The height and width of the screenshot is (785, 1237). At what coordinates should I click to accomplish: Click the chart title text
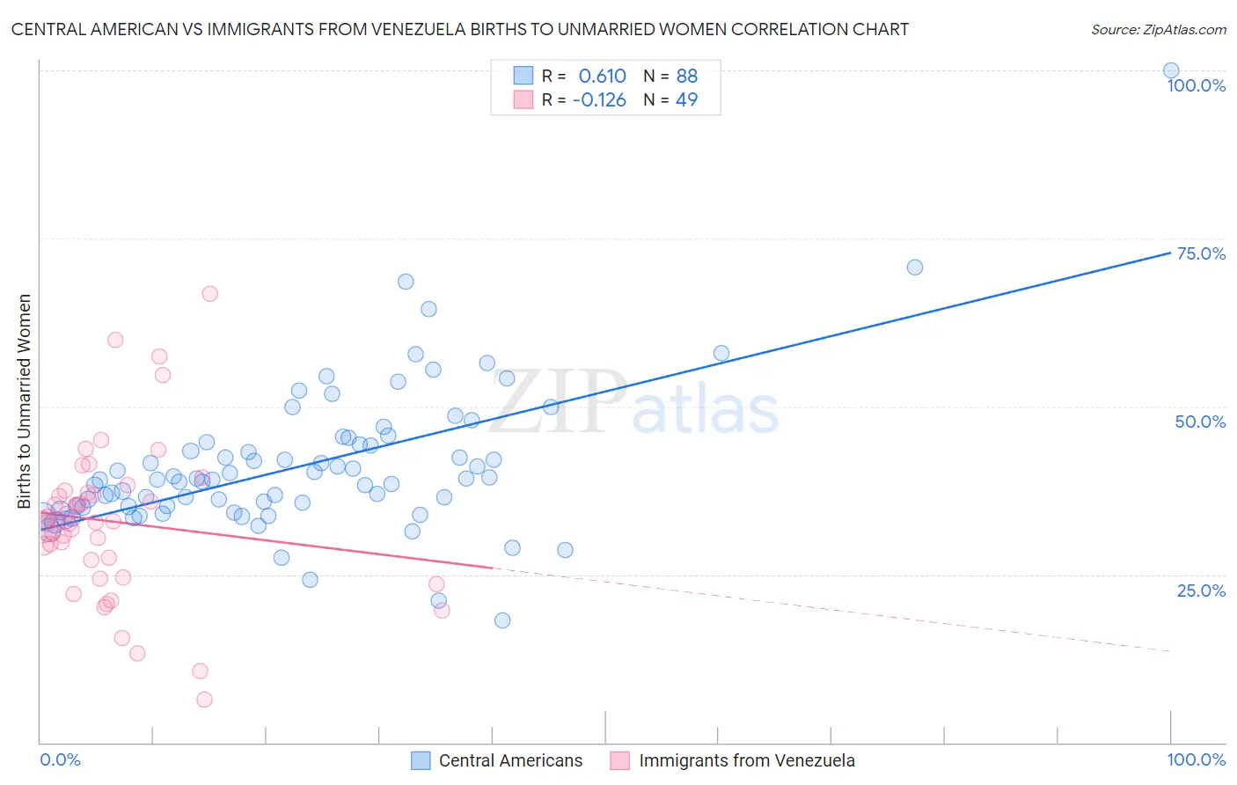459,29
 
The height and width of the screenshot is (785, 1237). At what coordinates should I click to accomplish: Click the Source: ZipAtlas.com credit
1158,29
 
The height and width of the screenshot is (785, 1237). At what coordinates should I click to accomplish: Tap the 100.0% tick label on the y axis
1196,85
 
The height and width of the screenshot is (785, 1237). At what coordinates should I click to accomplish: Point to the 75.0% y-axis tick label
1201,253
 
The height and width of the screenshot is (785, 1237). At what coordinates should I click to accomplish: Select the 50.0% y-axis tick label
1200,422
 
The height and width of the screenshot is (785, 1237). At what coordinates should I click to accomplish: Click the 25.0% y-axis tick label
1201,590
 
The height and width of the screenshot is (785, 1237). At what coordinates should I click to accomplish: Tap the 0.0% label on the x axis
60,759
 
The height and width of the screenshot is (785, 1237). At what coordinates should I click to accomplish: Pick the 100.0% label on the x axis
1196,759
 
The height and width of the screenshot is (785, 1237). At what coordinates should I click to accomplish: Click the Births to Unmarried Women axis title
24,401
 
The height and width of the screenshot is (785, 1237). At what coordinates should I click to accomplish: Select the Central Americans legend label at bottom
510,760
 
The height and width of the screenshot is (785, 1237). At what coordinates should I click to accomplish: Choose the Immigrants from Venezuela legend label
746,760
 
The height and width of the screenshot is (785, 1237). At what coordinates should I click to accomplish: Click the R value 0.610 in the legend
602,76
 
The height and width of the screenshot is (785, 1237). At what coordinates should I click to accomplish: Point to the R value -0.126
598,99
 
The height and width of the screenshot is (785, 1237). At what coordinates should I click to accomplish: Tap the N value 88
686,76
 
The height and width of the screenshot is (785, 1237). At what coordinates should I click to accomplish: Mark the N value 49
686,99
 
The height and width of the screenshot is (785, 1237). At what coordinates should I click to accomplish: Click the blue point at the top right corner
1171,70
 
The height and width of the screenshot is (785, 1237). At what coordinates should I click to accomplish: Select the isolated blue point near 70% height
915,267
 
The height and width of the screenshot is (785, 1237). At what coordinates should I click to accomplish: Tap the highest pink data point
209,293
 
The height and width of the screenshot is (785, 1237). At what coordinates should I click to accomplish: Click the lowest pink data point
204,700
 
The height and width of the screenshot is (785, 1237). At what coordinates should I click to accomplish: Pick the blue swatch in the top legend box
523,76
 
